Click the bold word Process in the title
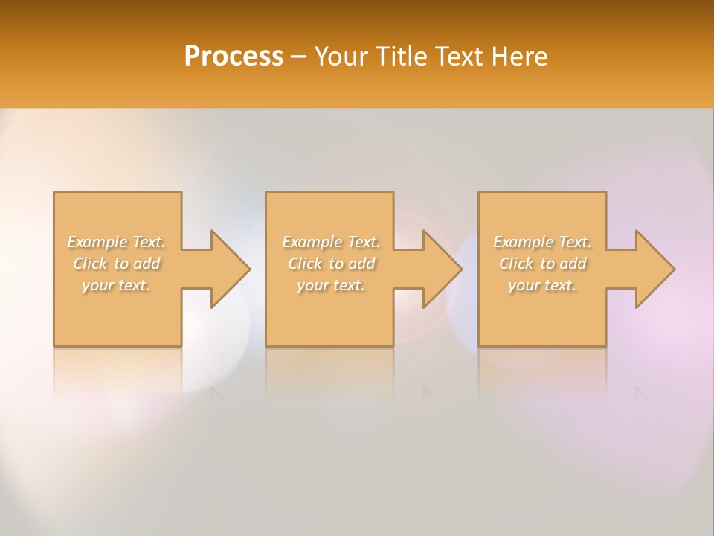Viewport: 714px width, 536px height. [x=234, y=57]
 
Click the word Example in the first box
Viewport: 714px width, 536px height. [x=97, y=242]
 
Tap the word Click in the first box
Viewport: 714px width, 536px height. [x=90, y=264]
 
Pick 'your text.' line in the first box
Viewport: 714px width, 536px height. [x=116, y=285]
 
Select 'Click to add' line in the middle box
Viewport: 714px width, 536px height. [x=331, y=264]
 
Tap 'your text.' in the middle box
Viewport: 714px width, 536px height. [x=331, y=285]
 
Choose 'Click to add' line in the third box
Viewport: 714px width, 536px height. [x=542, y=264]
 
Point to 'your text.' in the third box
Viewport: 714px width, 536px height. [x=542, y=285]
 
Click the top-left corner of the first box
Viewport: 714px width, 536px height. [x=54, y=193]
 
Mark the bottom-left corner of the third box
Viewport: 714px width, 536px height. [x=479, y=345]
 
